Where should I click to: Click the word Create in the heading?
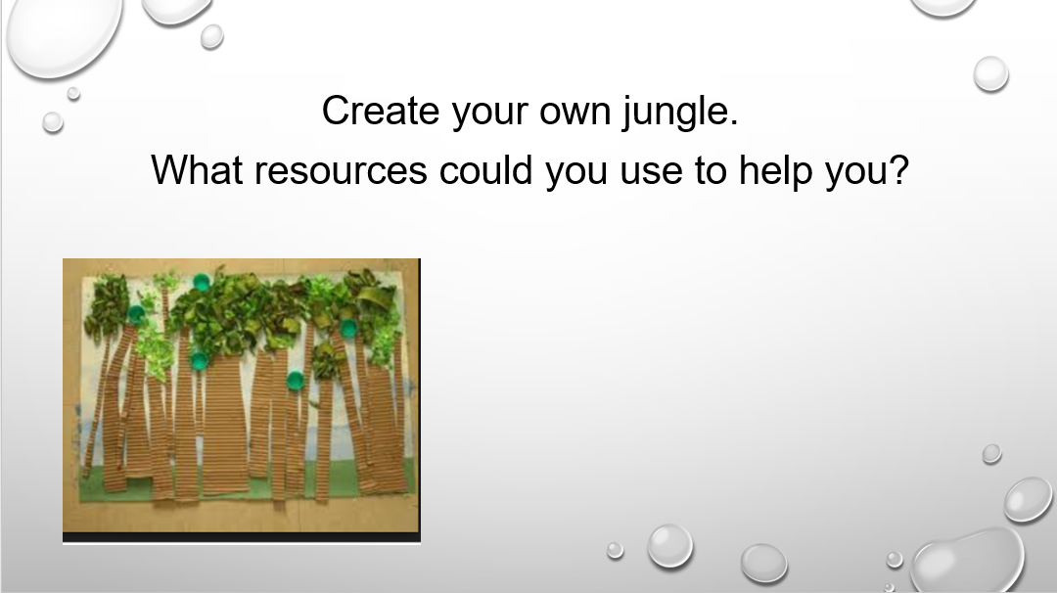pos(380,111)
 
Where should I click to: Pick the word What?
pos(196,169)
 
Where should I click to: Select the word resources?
pos(342,173)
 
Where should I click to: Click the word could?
pos(486,169)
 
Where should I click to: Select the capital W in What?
pos(172,169)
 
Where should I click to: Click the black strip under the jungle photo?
pos(242,537)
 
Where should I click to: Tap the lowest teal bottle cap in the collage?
pos(296,381)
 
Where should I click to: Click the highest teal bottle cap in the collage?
pos(202,282)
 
